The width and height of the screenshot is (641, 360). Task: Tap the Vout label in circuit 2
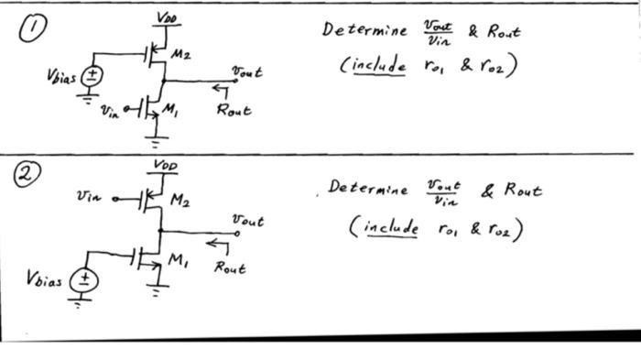pos(247,221)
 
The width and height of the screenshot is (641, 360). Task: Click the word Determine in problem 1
pos(364,30)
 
